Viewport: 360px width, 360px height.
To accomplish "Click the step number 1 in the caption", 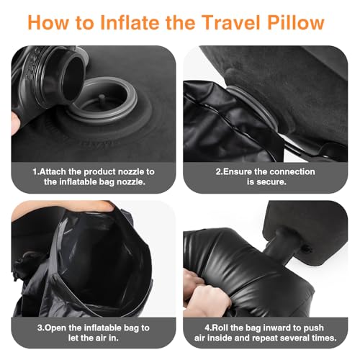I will point(34,171).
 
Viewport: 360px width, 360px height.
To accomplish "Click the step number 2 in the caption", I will point(218,171).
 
